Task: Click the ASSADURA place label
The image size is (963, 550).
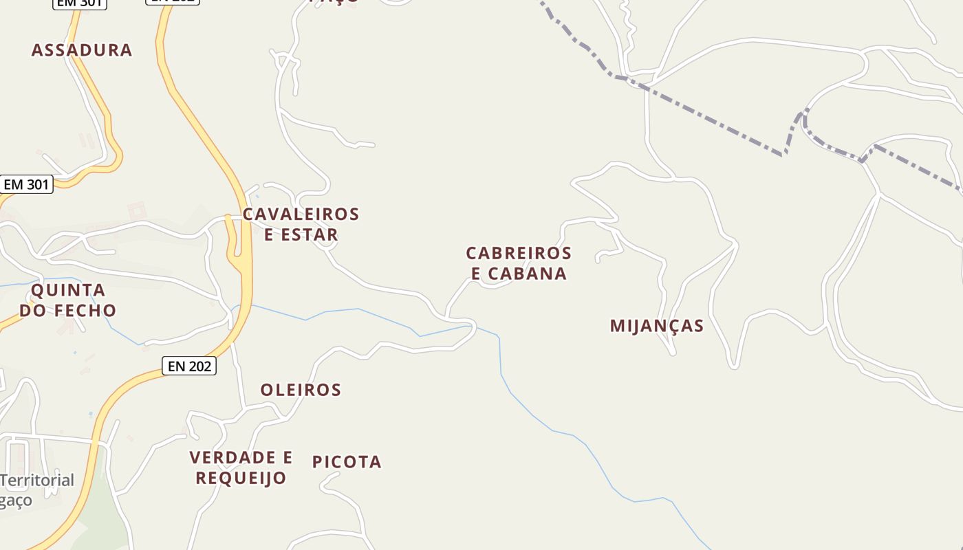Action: (x=82, y=50)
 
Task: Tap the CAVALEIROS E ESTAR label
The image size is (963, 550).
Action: (x=301, y=224)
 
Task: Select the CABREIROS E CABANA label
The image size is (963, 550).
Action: (x=519, y=263)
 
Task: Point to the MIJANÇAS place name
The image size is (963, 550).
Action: (x=657, y=326)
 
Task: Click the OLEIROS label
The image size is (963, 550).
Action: (x=301, y=390)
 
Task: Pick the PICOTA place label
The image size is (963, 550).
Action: (x=347, y=462)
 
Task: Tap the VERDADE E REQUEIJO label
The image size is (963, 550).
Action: (x=241, y=467)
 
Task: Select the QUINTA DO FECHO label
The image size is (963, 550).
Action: (x=68, y=300)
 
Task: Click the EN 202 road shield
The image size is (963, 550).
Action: (x=189, y=366)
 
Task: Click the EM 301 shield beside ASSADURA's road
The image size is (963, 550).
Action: (x=26, y=184)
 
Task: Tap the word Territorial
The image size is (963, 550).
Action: (x=38, y=480)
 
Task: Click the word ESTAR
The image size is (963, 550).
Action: (x=310, y=234)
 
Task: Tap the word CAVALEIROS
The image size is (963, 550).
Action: (x=301, y=214)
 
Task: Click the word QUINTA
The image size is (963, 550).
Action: (x=68, y=290)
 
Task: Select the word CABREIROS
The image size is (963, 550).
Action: (x=519, y=254)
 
